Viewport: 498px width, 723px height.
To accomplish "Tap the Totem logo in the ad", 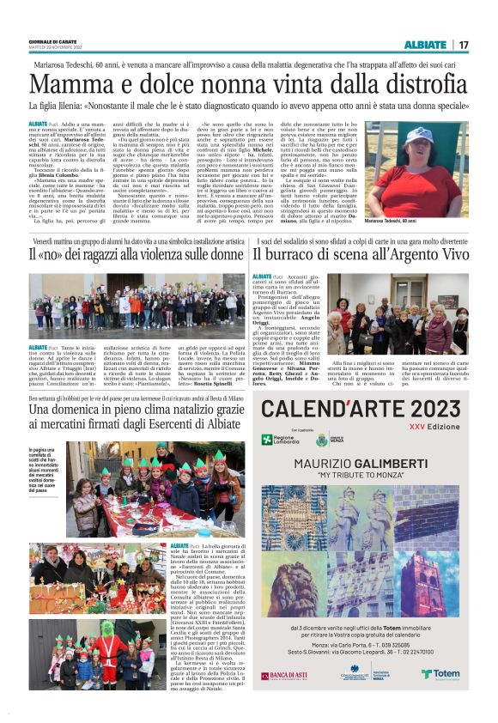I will (x=439, y=674).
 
